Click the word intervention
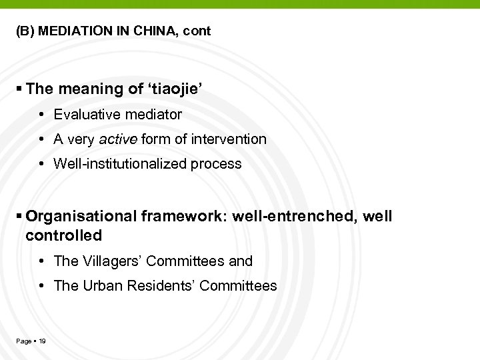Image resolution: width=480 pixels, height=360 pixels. [228, 139]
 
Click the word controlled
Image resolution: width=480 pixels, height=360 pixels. [64, 235]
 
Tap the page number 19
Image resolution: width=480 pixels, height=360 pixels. [43, 341]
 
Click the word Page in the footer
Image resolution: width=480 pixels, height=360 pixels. [23, 341]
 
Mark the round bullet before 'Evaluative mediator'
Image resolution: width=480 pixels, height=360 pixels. [42, 115]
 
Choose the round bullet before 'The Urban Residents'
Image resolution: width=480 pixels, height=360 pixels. [42, 287]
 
